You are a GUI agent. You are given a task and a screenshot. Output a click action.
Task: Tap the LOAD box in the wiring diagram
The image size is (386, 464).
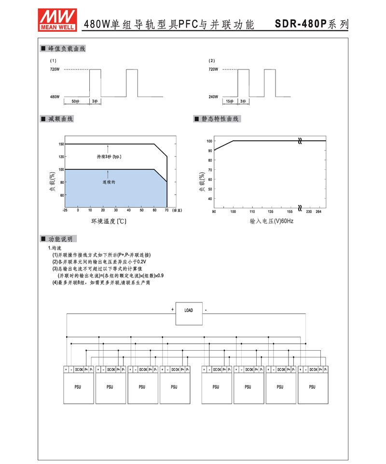coord(189,310)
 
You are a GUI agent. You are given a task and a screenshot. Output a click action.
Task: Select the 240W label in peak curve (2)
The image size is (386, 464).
coord(213,96)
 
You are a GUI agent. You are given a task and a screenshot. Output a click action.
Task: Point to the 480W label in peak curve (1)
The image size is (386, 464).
coord(55,96)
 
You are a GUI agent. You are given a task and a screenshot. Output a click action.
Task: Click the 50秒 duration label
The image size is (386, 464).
coord(75,101)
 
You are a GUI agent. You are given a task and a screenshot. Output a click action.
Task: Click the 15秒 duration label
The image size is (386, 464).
coord(229,101)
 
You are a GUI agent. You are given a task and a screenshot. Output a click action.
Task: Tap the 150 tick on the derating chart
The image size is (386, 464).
coord(61,144)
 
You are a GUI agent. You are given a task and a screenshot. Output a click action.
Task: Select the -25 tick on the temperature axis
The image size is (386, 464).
coord(65,210)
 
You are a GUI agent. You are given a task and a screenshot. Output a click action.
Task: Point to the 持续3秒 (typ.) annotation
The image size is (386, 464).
coord(109,157)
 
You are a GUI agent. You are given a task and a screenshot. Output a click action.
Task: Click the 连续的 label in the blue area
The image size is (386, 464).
coord(109,182)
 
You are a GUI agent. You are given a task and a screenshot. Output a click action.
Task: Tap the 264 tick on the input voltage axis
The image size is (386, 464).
coord(318,211)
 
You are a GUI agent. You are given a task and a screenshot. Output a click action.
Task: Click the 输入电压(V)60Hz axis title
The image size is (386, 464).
coord(272,221)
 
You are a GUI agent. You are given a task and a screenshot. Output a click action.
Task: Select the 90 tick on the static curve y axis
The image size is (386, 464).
coord(210,150)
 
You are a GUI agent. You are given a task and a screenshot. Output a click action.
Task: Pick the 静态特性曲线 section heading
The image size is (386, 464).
coord(220,119)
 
